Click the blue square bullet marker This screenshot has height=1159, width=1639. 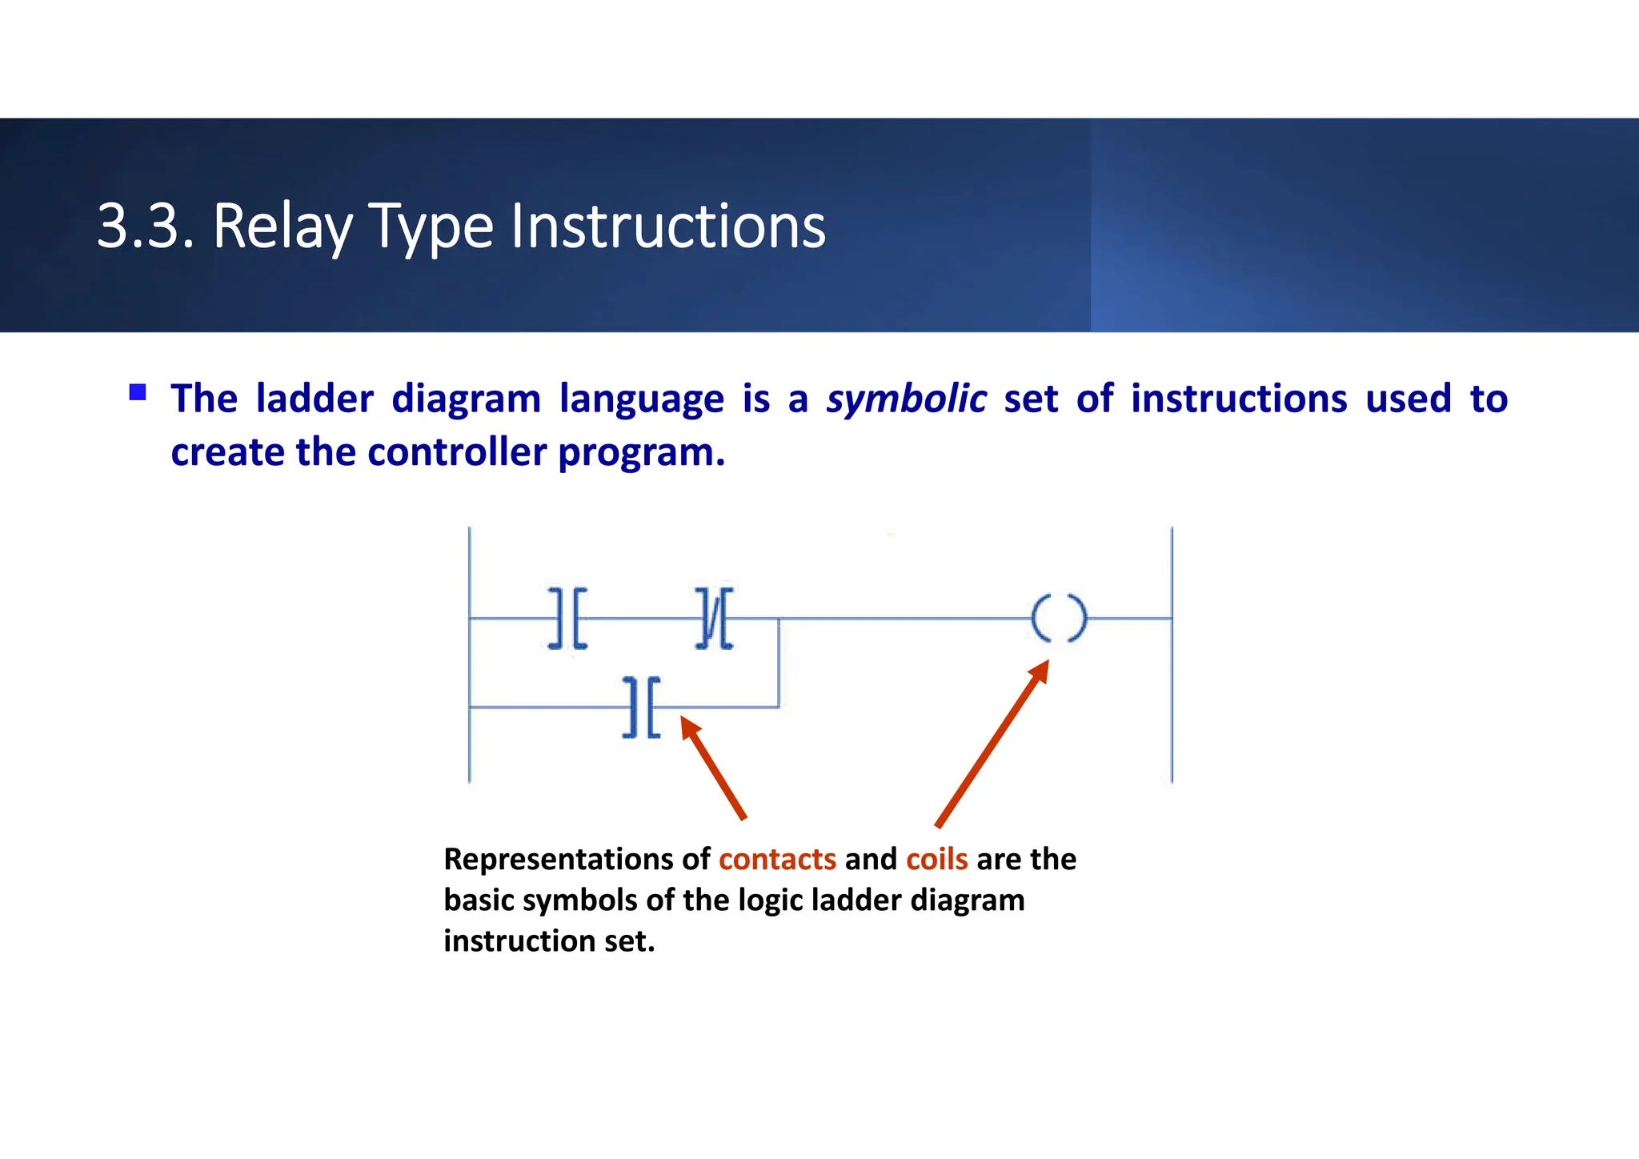(138, 392)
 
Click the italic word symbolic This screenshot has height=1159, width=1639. (906, 399)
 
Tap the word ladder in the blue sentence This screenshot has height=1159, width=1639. (315, 399)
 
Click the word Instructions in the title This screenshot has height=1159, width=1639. (667, 227)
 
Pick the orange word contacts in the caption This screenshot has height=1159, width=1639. (777, 859)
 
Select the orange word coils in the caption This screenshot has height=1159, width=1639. (936, 859)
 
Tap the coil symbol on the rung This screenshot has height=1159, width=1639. (1059, 619)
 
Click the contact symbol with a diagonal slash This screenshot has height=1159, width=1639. (714, 619)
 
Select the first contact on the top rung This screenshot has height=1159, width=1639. (567, 619)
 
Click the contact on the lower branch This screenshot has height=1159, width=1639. (642, 708)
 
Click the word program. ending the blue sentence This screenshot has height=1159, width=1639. (641, 452)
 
